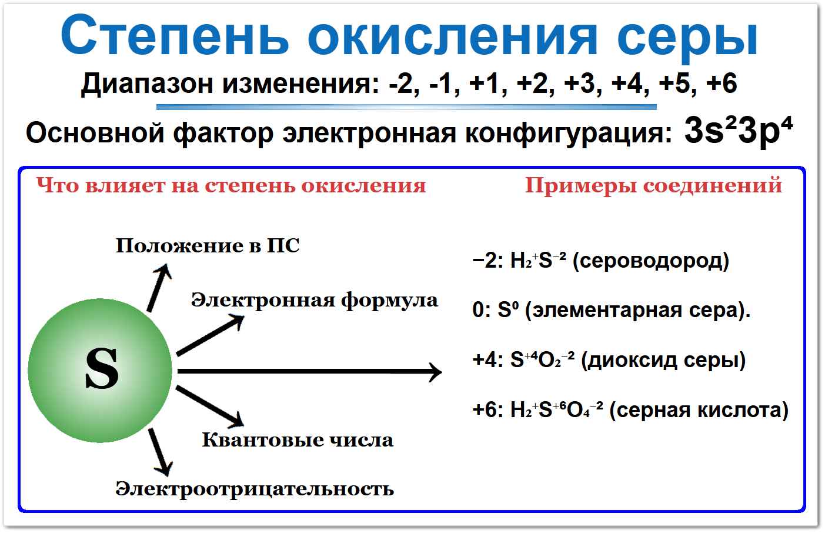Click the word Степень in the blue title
[175, 36]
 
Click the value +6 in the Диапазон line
[721, 83]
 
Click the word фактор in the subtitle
[223, 134]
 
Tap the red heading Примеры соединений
[653, 185]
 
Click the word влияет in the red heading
[125, 185]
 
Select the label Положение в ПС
[208, 245]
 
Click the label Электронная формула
[315, 301]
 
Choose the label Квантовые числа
[298, 440]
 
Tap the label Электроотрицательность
[255, 489]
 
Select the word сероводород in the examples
[651, 261]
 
